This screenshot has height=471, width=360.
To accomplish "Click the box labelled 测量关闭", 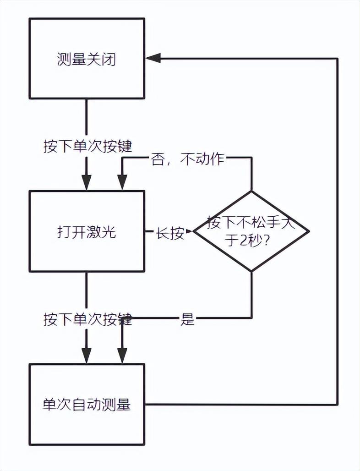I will [x=87, y=59].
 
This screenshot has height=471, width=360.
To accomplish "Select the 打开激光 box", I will [x=87, y=231].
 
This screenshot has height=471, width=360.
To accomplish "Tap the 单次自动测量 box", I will [x=87, y=404].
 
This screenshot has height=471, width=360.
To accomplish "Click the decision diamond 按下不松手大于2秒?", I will [x=251, y=231].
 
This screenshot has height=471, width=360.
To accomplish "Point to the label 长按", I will [x=170, y=232].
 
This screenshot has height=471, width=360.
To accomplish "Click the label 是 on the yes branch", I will [x=187, y=319].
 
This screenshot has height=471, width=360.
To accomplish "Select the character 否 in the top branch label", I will [x=157, y=159].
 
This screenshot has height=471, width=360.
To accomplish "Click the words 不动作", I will [x=202, y=159].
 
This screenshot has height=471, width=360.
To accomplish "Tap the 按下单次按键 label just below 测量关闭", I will [x=87, y=146].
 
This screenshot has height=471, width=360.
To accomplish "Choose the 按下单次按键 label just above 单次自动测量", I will [x=87, y=319].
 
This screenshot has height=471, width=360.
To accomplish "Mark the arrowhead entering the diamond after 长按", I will [x=190, y=231].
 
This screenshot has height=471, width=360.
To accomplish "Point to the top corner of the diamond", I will [x=251, y=192].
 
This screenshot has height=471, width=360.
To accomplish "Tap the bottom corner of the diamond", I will [x=251, y=271].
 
